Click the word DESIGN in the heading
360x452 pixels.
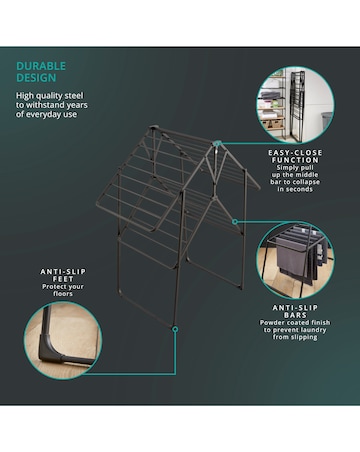pyautogui.click(x=34, y=78)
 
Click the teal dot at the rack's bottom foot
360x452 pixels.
pyautogui.click(x=174, y=328)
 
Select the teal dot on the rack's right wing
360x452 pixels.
pyautogui.click(x=233, y=221)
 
